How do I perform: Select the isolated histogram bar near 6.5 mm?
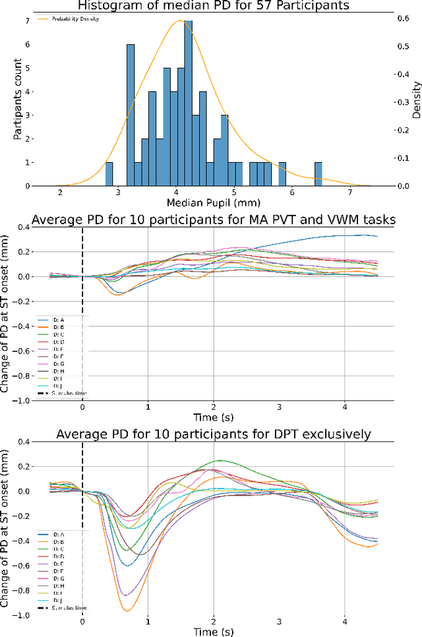click(318, 174)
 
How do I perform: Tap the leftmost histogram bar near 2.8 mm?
click(109, 174)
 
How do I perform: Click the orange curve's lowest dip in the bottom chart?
click(125, 611)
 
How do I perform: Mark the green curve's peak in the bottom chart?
click(216, 461)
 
